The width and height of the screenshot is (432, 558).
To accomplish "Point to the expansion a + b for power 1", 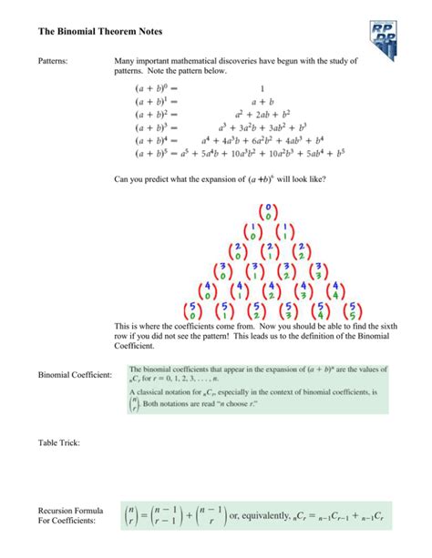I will pyautogui.click(x=263, y=102).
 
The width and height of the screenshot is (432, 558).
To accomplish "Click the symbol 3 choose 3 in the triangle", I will pyautogui.click(x=318, y=271).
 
